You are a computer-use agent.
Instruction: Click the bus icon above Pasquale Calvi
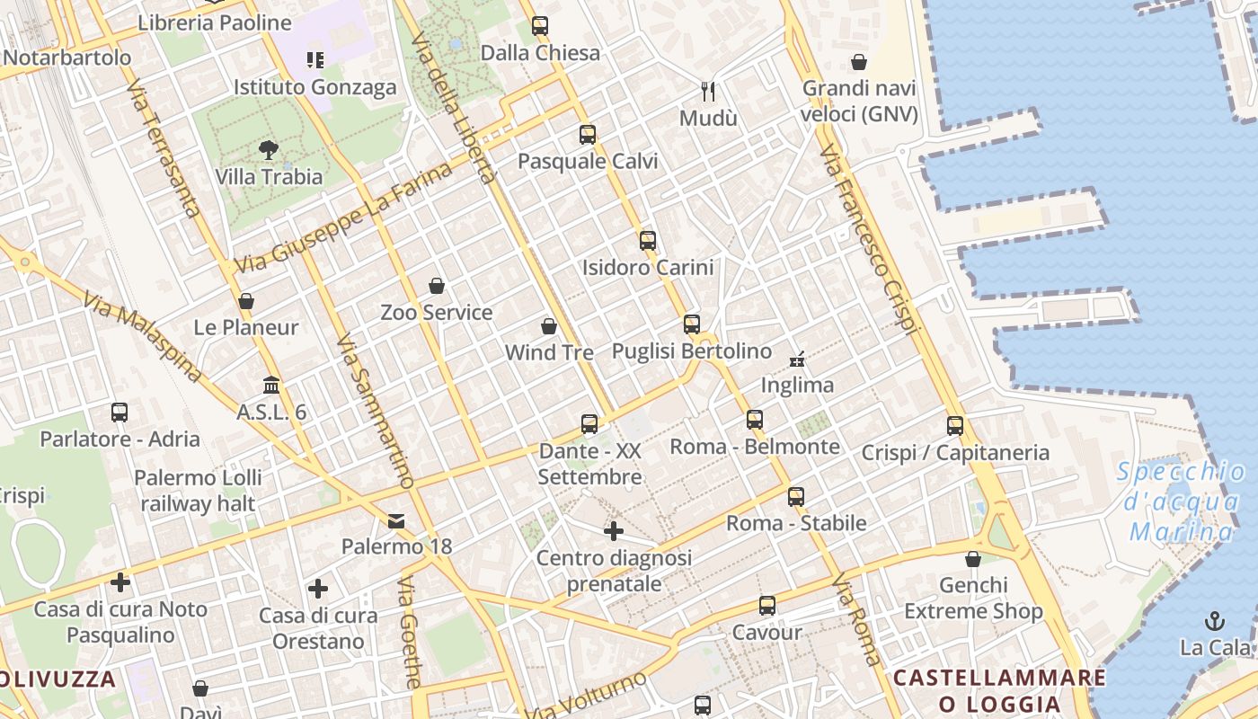click(588, 135)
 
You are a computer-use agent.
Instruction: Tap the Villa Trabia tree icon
click(268, 150)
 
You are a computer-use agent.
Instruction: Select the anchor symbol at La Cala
click(1215, 621)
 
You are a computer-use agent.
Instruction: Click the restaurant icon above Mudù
click(708, 91)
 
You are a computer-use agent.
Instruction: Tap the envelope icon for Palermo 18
click(396, 521)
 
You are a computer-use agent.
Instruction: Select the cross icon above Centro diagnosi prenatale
click(614, 531)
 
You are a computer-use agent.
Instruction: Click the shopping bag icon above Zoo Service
click(437, 286)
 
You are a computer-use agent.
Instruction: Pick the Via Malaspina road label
click(141, 337)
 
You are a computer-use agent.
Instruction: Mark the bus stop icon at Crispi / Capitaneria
click(955, 426)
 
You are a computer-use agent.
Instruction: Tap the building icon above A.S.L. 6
click(271, 386)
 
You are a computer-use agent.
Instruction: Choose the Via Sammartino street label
click(374, 412)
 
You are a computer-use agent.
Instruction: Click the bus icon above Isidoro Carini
click(648, 241)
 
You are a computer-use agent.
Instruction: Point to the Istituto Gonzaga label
click(314, 87)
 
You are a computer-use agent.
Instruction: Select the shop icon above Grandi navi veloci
click(859, 62)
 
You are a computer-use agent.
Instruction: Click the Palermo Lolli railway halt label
click(198, 490)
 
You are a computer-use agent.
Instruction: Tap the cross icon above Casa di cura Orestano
click(318, 590)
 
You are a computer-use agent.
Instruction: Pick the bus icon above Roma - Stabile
click(796, 496)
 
